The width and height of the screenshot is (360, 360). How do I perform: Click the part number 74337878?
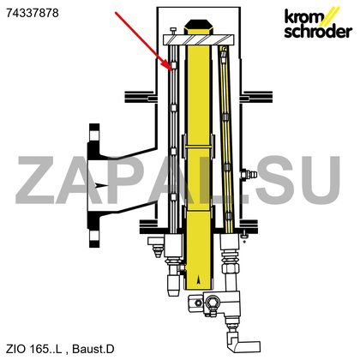(x=33, y=13)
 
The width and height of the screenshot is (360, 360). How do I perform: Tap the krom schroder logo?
(x=318, y=23)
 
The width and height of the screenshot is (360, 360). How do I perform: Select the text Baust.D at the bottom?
(x=93, y=349)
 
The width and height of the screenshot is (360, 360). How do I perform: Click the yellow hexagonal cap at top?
(x=199, y=27)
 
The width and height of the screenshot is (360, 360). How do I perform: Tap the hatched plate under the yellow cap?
(x=199, y=39)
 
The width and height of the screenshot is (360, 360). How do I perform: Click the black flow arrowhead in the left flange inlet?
(x=100, y=185)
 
